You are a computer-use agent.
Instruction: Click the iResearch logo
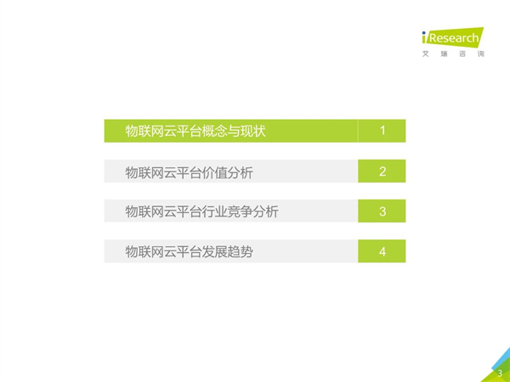tap(453, 37)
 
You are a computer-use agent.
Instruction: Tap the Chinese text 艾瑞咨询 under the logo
tap(453, 54)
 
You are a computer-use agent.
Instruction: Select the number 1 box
tap(382, 131)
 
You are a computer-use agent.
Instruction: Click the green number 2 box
tap(382, 171)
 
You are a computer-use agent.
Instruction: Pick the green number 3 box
tap(382, 211)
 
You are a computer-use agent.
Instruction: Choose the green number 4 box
tap(382, 251)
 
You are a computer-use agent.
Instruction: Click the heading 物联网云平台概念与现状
tap(195, 131)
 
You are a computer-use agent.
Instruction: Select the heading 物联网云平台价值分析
tap(189, 172)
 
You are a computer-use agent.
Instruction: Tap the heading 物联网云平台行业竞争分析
tap(201, 211)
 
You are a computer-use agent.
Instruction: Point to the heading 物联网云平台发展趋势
tap(189, 252)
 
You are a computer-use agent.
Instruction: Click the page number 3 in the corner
tap(500, 374)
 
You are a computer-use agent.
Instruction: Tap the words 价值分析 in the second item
tap(227, 172)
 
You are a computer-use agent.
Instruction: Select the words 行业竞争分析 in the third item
tap(240, 211)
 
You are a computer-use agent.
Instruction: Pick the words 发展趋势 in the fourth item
tap(227, 252)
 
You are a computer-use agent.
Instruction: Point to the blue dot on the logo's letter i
tap(424, 33)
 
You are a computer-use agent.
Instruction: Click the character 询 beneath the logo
tap(481, 54)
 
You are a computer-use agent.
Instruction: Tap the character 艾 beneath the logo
tap(426, 54)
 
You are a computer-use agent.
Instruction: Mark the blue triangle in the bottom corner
tap(502, 358)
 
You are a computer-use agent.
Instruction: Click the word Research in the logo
tap(454, 38)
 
